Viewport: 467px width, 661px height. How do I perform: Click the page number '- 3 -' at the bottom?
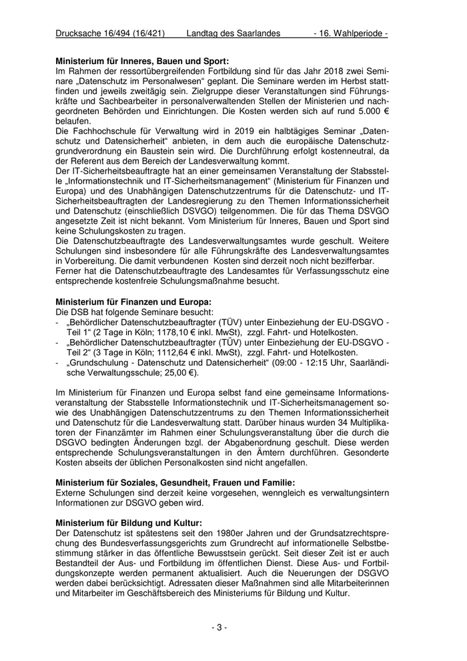pyautogui.click(x=219, y=628)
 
